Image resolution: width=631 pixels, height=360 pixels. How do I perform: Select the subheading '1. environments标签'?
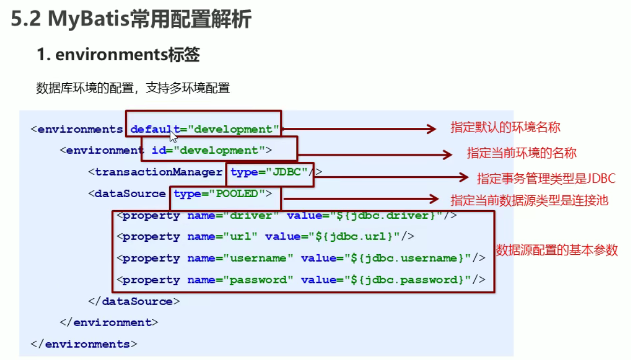coord(118,54)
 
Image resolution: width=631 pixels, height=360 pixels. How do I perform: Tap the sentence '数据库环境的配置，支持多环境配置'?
coord(133,88)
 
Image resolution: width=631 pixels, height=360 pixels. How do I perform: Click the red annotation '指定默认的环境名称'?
coord(505,127)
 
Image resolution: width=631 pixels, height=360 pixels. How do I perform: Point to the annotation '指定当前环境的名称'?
coord(521,153)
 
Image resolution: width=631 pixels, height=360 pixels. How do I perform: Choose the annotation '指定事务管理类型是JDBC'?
coord(546,178)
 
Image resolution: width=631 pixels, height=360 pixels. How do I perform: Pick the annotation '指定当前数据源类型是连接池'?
coord(529,200)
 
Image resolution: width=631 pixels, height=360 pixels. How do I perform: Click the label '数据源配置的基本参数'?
coord(557,250)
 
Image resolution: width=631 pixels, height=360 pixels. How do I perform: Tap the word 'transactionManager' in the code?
coord(158,172)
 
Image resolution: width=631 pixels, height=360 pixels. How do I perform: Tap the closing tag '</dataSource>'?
coord(134,301)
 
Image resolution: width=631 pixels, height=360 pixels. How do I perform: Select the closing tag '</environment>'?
coord(109,322)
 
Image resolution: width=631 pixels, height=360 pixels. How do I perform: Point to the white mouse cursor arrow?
coord(173,135)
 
